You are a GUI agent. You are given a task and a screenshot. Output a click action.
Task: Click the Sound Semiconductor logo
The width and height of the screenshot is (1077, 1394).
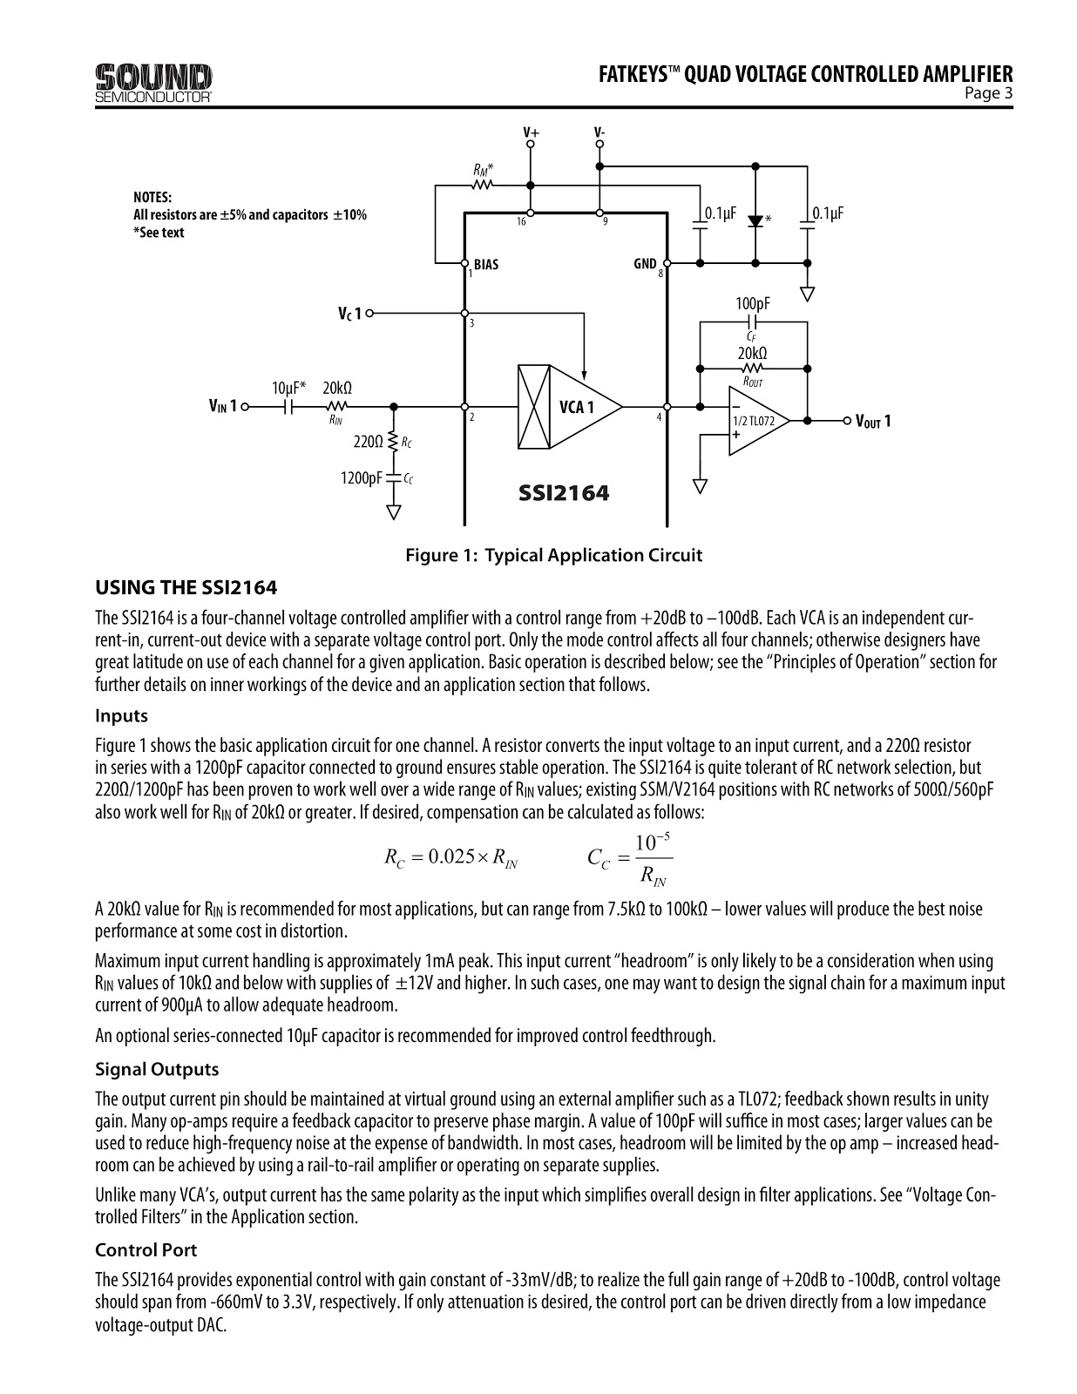coord(153,83)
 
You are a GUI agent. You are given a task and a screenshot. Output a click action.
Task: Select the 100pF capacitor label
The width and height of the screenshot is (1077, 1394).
coord(753,303)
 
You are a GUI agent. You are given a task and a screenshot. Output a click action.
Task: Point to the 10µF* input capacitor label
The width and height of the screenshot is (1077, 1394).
coord(288,387)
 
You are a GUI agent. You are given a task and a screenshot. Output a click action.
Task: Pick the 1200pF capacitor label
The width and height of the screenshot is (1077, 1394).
coord(362,477)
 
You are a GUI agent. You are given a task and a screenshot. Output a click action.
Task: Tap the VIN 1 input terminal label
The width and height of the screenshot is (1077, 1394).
coord(222,406)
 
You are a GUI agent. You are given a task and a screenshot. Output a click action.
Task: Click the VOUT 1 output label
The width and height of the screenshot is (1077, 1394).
coord(873,422)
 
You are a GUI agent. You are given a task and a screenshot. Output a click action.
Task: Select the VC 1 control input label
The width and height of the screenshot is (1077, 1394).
coord(349,313)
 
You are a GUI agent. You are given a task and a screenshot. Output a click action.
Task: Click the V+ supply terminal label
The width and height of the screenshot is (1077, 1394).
coord(531,132)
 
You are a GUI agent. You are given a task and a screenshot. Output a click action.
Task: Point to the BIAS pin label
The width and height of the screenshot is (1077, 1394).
coord(486,264)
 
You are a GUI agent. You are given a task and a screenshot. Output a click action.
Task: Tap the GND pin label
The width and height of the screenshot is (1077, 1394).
coord(645,264)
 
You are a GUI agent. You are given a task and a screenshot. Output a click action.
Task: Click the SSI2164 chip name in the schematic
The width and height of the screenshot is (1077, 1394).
coord(564,493)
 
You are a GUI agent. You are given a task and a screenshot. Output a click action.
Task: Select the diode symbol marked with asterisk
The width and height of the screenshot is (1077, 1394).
coord(755,220)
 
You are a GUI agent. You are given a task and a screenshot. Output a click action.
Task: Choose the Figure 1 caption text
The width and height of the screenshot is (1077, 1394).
coord(553,555)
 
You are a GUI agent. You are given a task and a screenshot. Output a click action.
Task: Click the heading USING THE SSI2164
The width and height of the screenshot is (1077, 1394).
coord(186,587)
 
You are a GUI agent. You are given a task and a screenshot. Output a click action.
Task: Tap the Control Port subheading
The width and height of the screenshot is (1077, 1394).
coord(146,1249)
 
